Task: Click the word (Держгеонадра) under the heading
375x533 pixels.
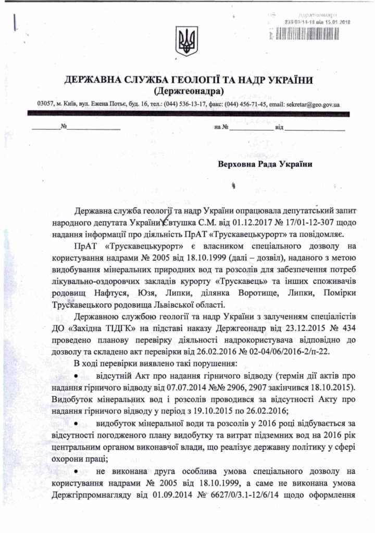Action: (x=187, y=91)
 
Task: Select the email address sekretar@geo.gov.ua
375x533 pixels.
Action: (x=311, y=104)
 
